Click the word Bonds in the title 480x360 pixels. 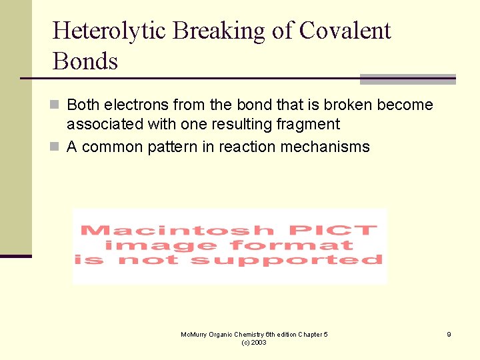(85, 61)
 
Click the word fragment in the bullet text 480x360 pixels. (309, 125)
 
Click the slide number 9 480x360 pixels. (449, 335)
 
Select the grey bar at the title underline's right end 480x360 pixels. (407, 79)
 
